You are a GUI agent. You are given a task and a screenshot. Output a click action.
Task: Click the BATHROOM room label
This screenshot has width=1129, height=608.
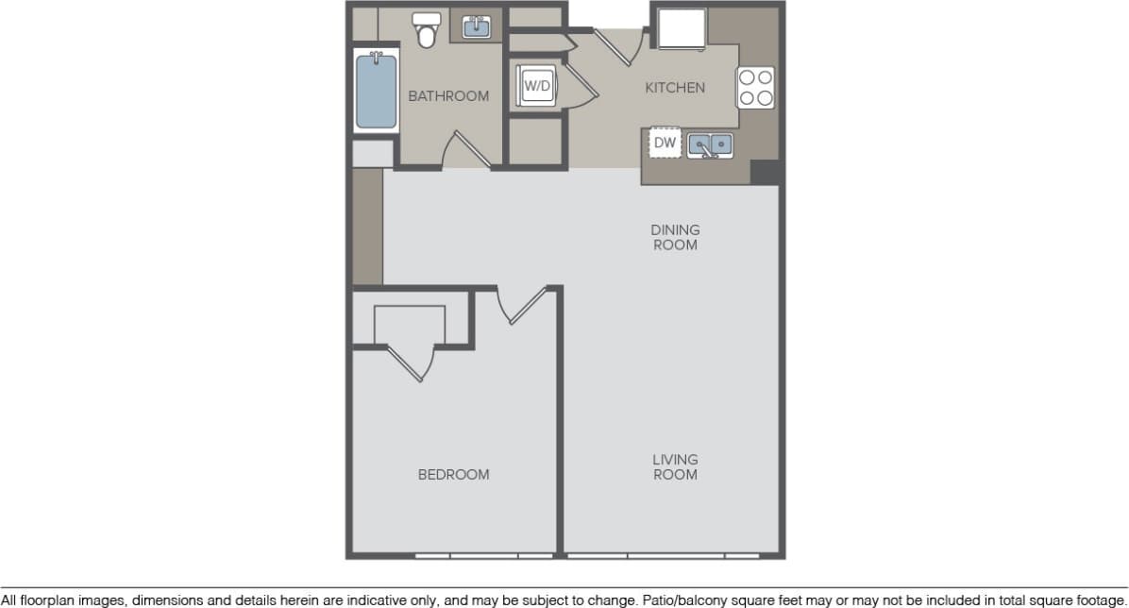[x=448, y=96]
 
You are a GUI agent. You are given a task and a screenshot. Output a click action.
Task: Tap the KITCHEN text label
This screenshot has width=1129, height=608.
[x=674, y=88]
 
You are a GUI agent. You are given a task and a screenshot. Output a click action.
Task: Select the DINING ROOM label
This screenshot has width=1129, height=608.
[x=675, y=237]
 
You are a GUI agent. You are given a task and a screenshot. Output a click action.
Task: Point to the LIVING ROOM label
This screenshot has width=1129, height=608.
[x=675, y=467]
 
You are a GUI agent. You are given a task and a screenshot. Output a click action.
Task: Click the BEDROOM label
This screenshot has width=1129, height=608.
[x=453, y=474]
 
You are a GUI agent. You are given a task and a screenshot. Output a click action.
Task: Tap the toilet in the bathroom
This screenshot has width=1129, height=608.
[x=428, y=30]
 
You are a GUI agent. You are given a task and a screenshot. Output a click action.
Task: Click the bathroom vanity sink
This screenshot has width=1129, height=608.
[x=477, y=27]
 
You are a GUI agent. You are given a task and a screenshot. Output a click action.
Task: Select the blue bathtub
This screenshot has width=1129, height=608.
[x=376, y=92]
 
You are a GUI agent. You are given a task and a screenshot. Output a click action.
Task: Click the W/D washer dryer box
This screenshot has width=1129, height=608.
[x=536, y=87]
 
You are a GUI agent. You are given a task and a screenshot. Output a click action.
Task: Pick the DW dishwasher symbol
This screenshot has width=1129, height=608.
[x=665, y=144]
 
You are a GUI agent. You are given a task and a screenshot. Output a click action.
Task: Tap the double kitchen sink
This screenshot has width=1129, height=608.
[x=710, y=144]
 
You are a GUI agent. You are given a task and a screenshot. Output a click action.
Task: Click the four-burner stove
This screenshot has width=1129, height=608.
[x=756, y=87]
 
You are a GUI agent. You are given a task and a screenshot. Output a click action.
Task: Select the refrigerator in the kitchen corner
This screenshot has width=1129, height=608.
[x=681, y=28]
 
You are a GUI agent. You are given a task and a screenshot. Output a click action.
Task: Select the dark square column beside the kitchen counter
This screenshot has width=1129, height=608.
[x=765, y=172]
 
